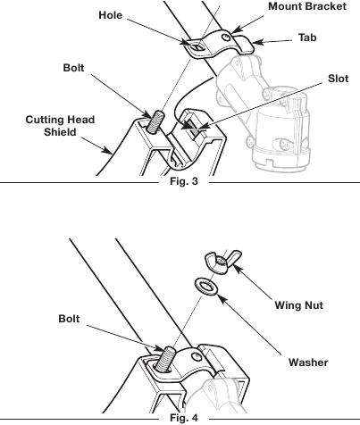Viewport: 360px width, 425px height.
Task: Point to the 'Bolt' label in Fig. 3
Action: [76, 68]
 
